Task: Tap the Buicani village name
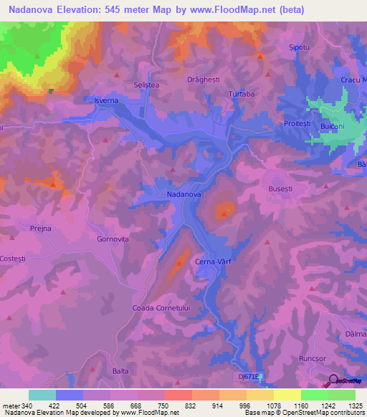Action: tap(333, 126)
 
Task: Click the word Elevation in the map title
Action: tap(91, 10)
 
